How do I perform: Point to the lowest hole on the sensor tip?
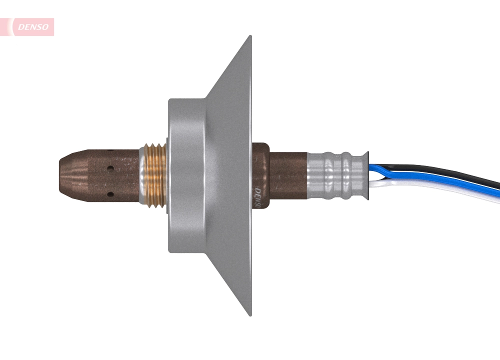click(x=108, y=193)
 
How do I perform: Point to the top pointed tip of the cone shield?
click(x=249, y=37)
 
